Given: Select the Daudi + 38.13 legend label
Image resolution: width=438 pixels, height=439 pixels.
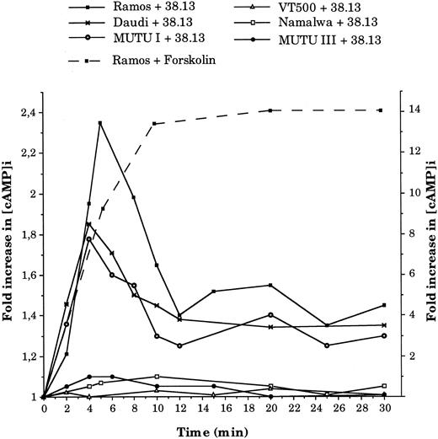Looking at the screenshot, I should point(136,24).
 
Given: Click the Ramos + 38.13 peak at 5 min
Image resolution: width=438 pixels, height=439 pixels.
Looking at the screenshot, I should point(100,123).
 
